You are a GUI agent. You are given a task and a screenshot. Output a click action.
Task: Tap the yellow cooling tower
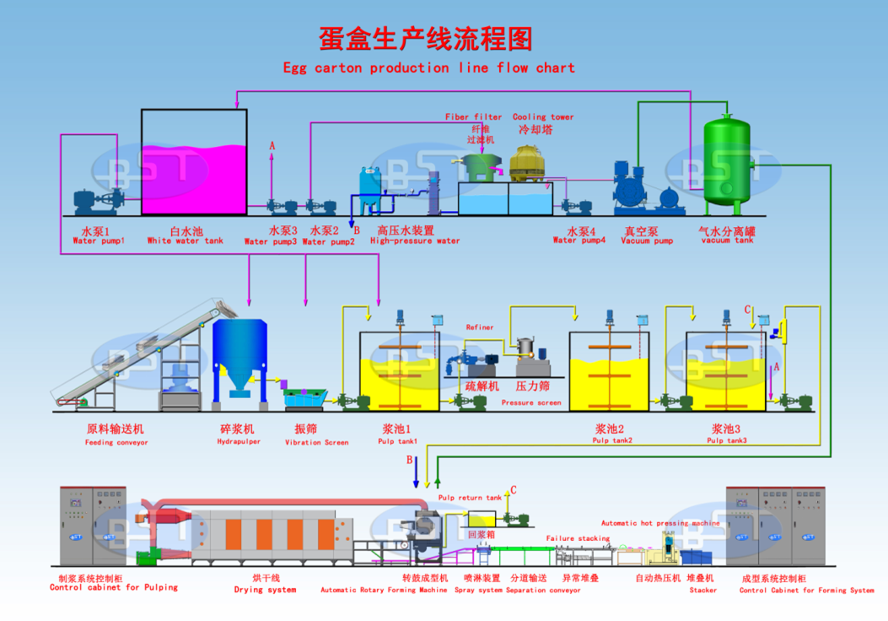click(x=530, y=164)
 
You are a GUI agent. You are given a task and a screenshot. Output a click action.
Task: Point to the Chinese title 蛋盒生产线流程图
click(x=426, y=38)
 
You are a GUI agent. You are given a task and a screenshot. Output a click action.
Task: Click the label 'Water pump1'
click(x=98, y=240)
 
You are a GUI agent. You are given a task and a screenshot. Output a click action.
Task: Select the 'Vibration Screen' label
click(x=316, y=442)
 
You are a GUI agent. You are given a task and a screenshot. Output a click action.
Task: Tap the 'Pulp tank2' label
click(x=612, y=440)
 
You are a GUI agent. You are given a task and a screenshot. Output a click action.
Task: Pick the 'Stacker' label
click(x=702, y=590)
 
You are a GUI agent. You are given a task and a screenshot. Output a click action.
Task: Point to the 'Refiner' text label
click(x=480, y=327)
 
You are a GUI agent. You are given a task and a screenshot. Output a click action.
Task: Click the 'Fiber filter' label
click(x=473, y=117)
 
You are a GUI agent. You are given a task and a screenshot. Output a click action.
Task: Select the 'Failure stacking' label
click(x=578, y=538)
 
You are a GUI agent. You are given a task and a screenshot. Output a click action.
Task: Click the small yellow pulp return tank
click(x=482, y=520)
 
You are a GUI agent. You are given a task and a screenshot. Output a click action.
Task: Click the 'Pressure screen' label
click(x=530, y=403)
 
